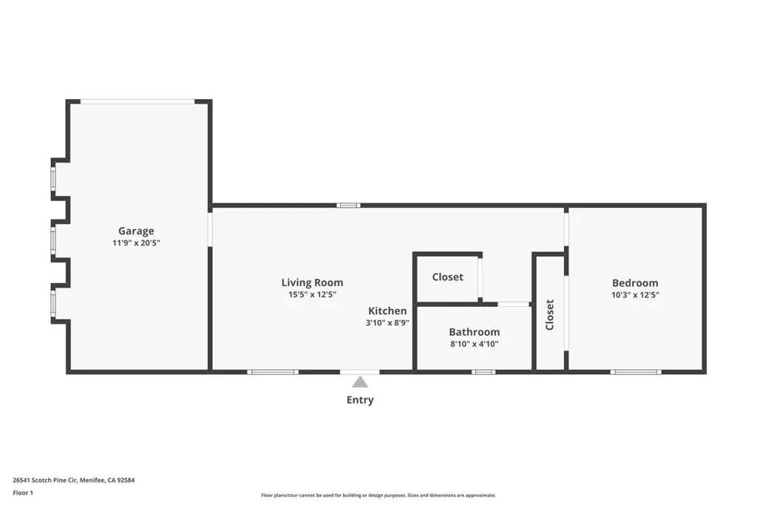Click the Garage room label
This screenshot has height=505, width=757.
point(136,231)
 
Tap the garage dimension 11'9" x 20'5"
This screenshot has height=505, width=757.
point(136,243)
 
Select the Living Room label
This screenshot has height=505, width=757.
point(312,282)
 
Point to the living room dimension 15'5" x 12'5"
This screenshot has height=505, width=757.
point(312,294)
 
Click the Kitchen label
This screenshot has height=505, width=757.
point(387,311)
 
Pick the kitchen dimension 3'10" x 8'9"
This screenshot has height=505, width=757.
point(387,323)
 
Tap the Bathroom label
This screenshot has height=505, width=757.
point(474,332)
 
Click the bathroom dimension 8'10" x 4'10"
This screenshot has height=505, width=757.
point(474,344)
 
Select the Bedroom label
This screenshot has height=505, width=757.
point(634,282)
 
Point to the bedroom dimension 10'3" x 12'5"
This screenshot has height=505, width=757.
point(634,294)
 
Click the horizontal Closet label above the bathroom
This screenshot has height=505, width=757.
point(447,277)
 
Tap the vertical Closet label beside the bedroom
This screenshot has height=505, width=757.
point(549,314)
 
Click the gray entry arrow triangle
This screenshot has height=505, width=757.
point(360,382)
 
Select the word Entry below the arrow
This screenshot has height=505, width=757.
point(360,400)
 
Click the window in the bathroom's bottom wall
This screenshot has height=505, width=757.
point(483,372)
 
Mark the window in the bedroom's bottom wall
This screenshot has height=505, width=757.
point(635,372)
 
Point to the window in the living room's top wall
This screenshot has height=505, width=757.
point(348,205)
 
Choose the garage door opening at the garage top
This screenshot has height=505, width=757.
point(138,101)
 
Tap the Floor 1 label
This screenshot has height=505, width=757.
point(23,492)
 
